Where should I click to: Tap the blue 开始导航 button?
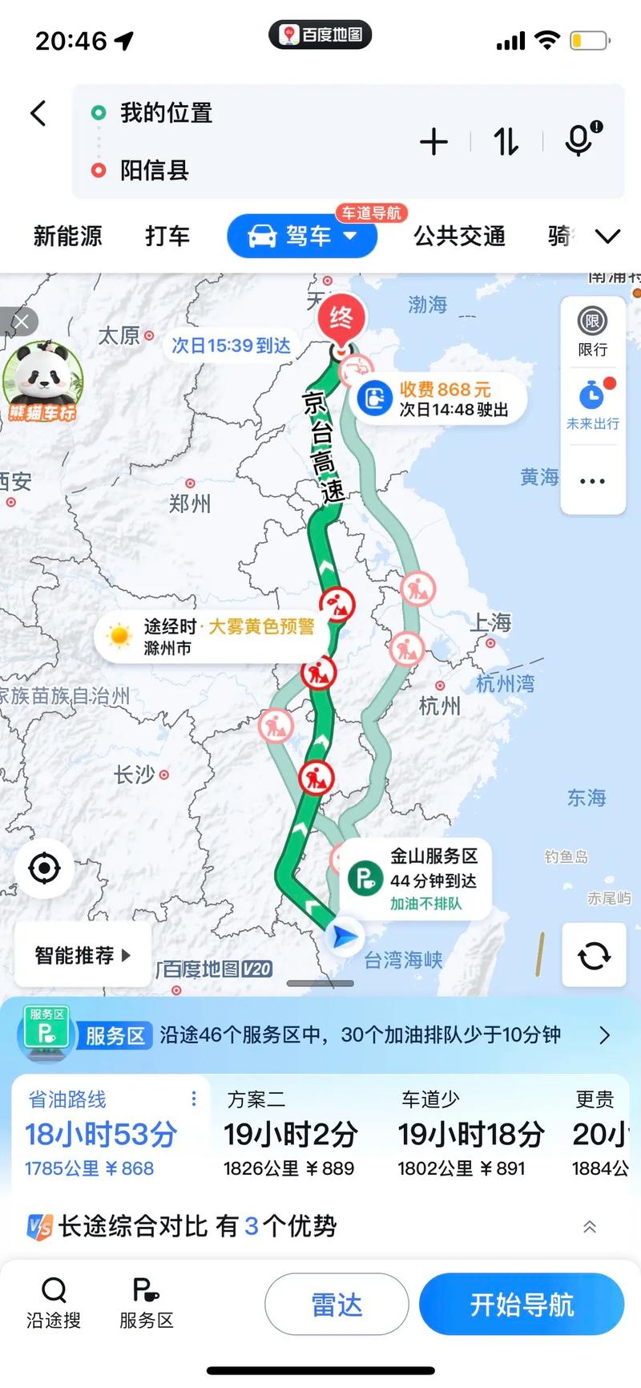pyautogui.click(x=522, y=1305)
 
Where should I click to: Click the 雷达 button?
pyautogui.click(x=337, y=1305)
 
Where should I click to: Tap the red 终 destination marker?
pyautogui.click(x=341, y=319)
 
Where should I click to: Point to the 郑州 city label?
pyautogui.click(x=190, y=503)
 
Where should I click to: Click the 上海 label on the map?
pyautogui.click(x=491, y=623)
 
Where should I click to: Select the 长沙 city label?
pyautogui.click(x=134, y=775)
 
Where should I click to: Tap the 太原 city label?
pyautogui.click(x=119, y=335)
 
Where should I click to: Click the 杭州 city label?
pyautogui.click(x=440, y=706)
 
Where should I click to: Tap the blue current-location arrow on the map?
pyautogui.click(x=344, y=936)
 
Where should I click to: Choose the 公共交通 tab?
pyautogui.click(x=459, y=236)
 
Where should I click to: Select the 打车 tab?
pyautogui.click(x=167, y=236)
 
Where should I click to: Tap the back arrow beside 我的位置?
pyautogui.click(x=38, y=113)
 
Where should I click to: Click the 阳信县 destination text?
pyautogui.click(x=155, y=170)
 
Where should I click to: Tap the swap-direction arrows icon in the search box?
pyautogui.click(x=506, y=142)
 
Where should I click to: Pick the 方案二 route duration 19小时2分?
pyautogui.click(x=290, y=1135)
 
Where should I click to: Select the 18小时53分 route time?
pyautogui.click(x=101, y=1135)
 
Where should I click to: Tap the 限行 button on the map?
pyautogui.click(x=592, y=331)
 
